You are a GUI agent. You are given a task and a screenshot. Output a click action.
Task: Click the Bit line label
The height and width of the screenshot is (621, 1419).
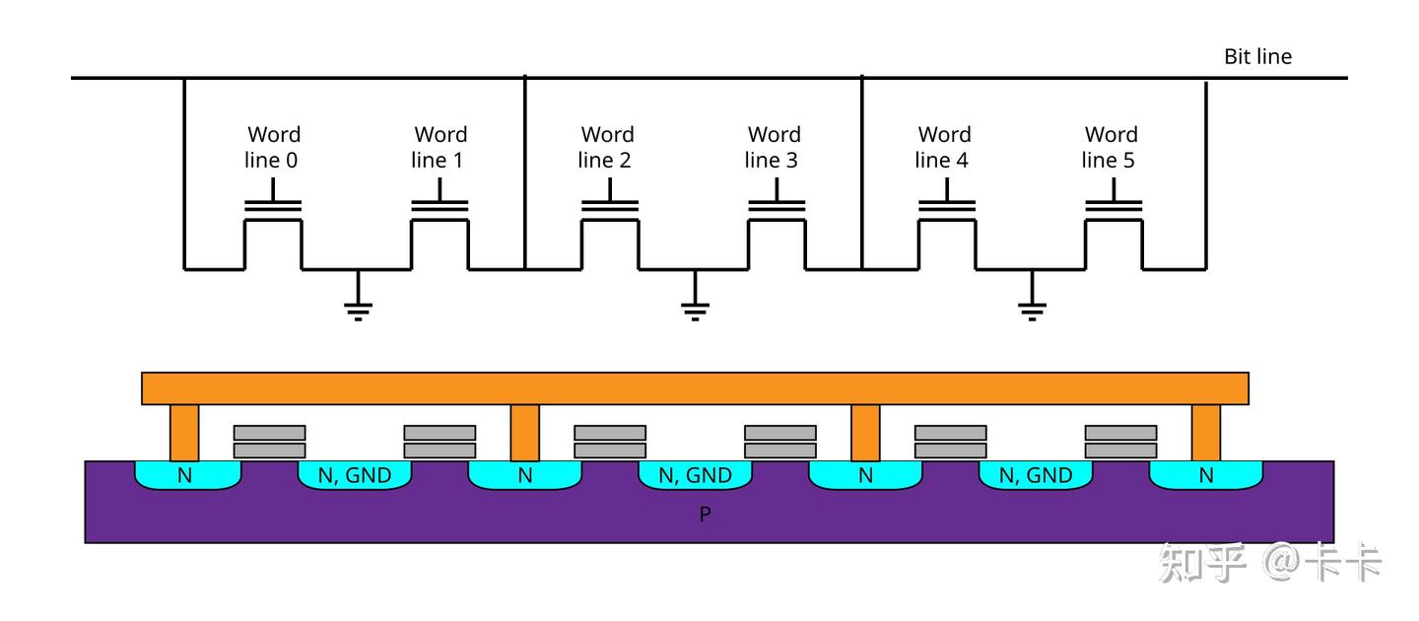pos(1257,56)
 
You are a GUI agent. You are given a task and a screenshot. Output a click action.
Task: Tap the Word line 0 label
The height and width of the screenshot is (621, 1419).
pos(273,147)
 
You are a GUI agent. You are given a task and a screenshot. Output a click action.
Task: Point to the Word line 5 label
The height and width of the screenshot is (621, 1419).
pos(1111,147)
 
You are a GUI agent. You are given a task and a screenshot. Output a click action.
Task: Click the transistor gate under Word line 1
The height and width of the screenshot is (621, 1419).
pos(439,208)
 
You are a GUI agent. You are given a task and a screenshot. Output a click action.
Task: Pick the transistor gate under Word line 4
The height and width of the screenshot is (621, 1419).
pos(946,208)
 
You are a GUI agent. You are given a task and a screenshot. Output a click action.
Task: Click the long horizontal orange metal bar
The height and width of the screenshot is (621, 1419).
pos(695,388)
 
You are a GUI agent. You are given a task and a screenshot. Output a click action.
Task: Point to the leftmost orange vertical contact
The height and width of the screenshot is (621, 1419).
pos(184,433)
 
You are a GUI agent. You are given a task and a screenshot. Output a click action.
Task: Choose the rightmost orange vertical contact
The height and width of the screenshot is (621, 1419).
pos(1205,433)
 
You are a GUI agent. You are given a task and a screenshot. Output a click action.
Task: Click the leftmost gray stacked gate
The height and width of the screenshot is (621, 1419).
pos(269,442)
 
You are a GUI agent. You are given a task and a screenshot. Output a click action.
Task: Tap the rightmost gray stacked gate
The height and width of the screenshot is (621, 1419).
pos(1120,442)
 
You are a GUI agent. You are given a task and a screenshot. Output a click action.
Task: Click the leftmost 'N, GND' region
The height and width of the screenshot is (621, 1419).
pos(355,476)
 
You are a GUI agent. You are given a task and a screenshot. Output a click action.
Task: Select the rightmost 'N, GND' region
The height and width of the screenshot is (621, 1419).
pos(1036,476)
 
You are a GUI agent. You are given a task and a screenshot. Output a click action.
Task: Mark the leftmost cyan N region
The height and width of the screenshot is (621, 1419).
pos(186,476)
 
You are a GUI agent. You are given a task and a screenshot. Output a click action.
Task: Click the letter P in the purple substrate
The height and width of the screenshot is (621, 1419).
pos(705,514)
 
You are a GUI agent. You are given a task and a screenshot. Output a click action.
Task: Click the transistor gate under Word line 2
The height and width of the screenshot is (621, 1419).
pos(609,208)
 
